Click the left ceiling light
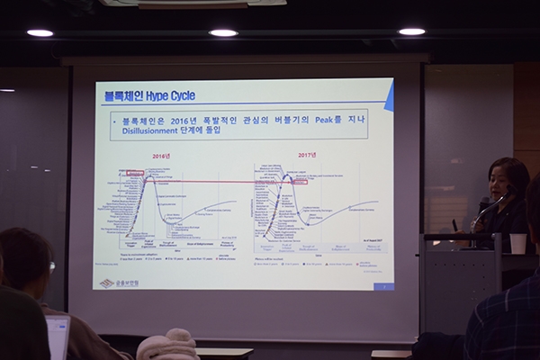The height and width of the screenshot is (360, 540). click(40, 32)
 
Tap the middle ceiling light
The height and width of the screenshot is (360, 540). click(223, 32)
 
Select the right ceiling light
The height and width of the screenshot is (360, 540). click(411, 31)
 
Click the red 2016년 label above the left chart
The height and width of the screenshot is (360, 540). click(162, 156)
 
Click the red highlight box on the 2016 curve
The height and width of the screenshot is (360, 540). click(135, 173)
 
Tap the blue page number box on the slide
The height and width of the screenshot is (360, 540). click(383, 285)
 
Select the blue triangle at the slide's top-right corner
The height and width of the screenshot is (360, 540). click(388, 97)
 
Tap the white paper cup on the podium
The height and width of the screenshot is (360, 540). click(517, 243)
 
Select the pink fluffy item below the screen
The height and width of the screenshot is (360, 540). click(167, 346)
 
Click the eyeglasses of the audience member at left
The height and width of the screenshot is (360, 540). click(51, 266)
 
